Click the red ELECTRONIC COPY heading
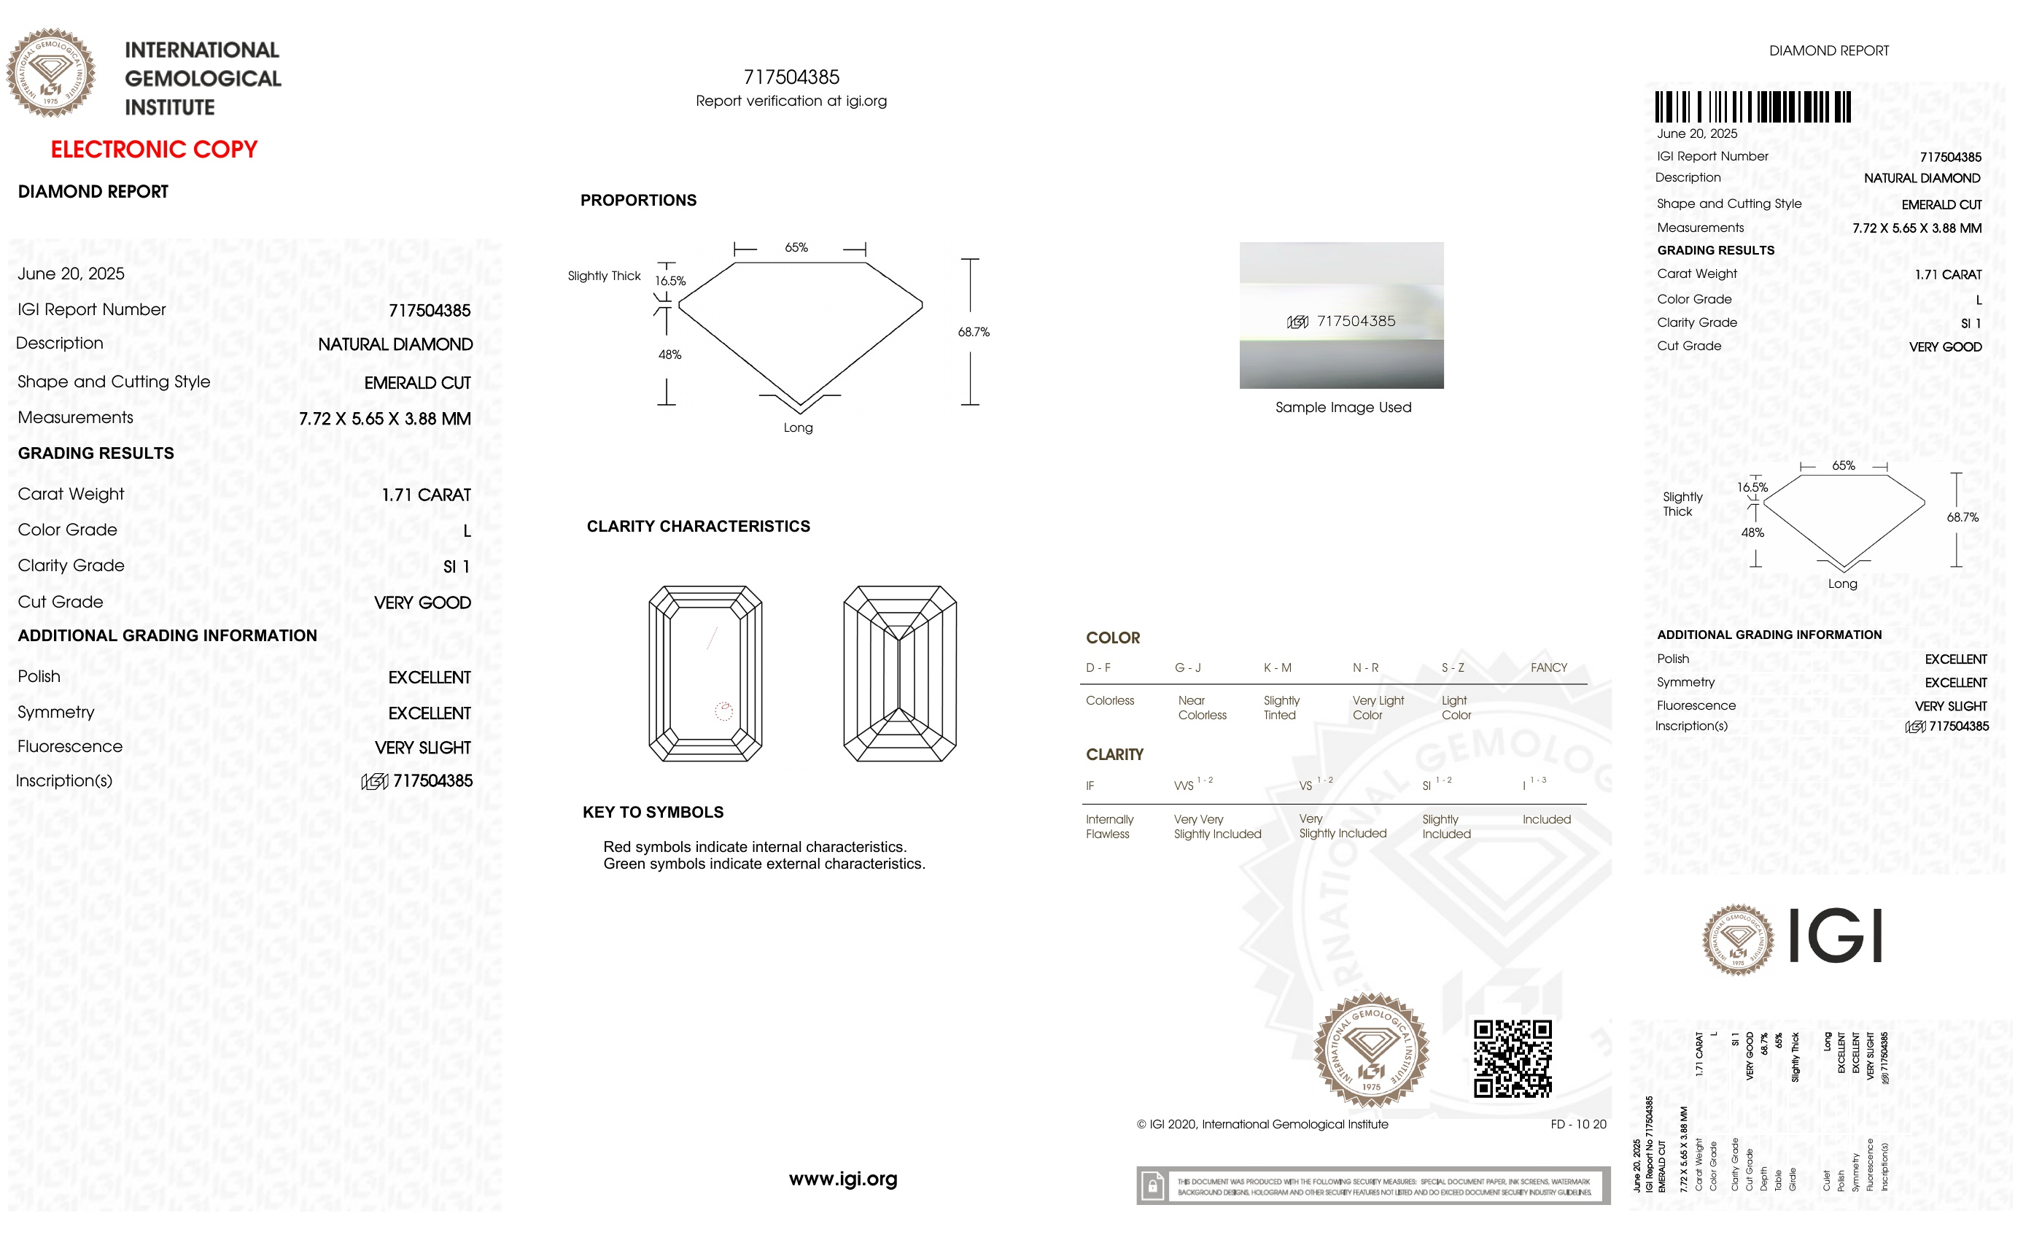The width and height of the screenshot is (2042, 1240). (154, 150)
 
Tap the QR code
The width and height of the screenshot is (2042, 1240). (1513, 1058)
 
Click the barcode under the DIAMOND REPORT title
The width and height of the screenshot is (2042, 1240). (1752, 108)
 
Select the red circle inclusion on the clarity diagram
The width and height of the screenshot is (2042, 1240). (723, 710)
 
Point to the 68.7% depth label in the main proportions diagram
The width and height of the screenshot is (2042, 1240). (974, 333)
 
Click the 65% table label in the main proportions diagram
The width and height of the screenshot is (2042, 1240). (796, 248)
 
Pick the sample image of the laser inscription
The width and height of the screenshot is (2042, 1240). (1341, 315)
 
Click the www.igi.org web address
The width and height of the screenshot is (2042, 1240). (843, 1179)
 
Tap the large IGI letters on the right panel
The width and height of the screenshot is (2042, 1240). (1836, 936)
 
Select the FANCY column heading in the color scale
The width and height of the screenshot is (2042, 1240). (1548, 668)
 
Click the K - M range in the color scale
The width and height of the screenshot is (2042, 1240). (1277, 668)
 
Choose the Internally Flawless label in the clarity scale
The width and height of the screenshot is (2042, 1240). (1109, 826)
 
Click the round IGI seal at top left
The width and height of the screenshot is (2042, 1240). (50, 73)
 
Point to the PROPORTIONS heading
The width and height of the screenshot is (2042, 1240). (638, 201)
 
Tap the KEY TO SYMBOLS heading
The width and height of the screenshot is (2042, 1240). (653, 813)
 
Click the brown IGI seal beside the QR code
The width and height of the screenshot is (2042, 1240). (1372, 1050)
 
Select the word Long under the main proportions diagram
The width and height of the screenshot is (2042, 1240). (798, 427)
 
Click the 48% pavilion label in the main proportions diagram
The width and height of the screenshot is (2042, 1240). (669, 354)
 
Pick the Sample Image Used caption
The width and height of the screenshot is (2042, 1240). (1343, 408)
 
